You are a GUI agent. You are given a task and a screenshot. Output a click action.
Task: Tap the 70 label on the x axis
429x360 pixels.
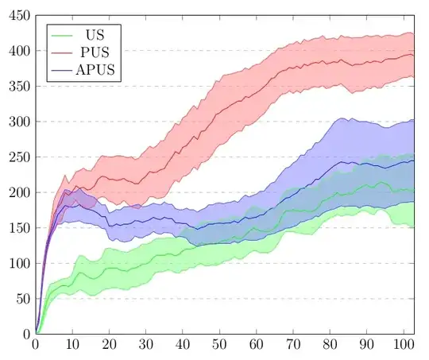[x=293, y=346]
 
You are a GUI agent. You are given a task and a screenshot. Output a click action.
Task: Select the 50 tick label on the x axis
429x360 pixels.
[x=219, y=346]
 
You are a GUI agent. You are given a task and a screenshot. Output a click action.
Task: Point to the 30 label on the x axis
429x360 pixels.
[x=145, y=346]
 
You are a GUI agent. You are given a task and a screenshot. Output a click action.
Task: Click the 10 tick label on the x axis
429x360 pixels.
[x=72, y=346]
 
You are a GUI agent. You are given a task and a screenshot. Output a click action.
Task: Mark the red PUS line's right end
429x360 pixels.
[x=414, y=55]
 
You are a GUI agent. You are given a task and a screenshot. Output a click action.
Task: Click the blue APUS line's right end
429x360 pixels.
[x=414, y=161]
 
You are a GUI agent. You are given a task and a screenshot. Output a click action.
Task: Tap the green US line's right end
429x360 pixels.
[x=414, y=189]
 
